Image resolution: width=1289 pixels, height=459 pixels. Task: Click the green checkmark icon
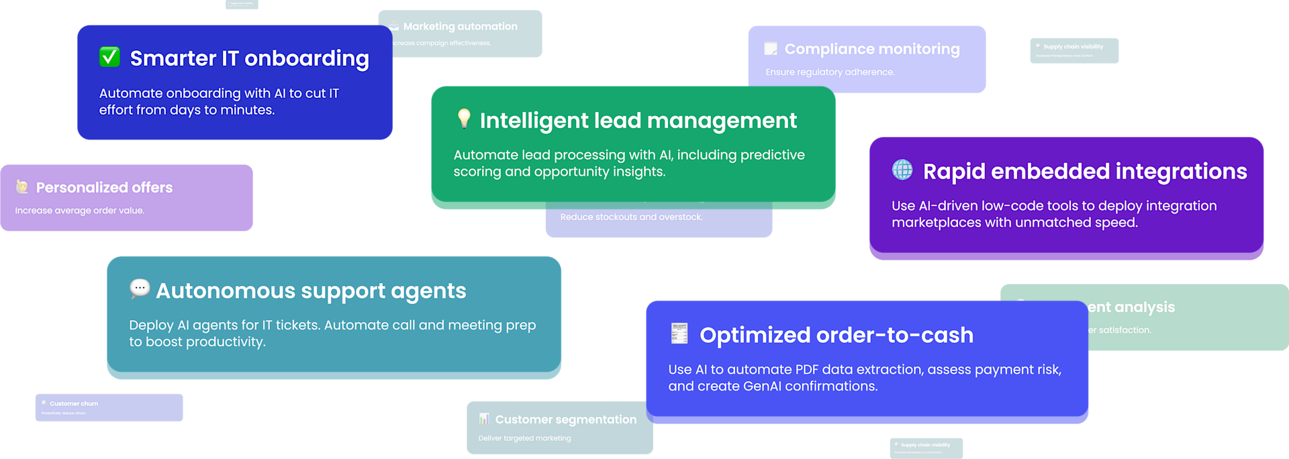pos(109,57)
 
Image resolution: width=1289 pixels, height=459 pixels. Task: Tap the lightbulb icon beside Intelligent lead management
pos(464,118)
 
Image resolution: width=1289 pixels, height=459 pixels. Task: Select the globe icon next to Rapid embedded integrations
pos(902,170)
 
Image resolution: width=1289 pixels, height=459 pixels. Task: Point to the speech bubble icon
pos(140,289)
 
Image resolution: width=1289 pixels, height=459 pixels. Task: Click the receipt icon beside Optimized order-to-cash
pos(679,334)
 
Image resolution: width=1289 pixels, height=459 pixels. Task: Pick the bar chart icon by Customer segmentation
pos(484,419)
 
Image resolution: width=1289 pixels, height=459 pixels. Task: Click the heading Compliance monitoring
pos(872,49)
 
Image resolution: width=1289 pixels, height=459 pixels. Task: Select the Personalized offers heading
pos(104,187)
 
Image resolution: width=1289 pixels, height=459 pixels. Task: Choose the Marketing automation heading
pos(460,26)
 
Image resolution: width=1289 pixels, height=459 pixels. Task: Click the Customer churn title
pos(74,403)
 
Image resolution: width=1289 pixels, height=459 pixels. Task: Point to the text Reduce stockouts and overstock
pos(631,217)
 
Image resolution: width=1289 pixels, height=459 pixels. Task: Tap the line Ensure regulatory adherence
pos(830,72)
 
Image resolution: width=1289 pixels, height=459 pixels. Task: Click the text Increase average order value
pos(80,210)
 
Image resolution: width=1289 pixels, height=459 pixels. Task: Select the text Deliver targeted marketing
pos(524,438)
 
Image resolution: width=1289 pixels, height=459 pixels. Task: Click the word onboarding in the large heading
pos(307,59)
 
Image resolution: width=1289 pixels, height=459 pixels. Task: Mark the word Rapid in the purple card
pos(954,172)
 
